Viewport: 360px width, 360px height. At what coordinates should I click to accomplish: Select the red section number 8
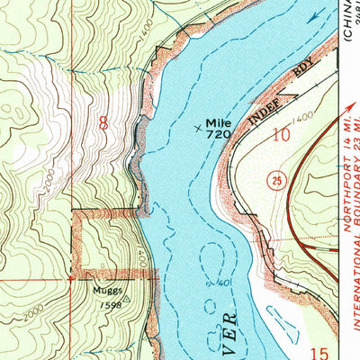click(103, 123)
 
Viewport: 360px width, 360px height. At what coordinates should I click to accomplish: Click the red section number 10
click(284, 134)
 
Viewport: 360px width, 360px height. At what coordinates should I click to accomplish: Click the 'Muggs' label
click(104, 292)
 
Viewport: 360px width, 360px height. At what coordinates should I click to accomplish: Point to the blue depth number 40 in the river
click(221, 283)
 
